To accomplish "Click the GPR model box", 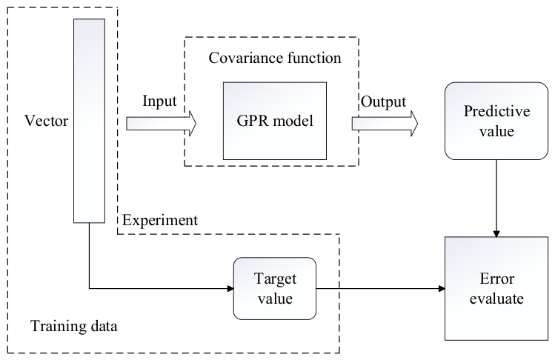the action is (275, 121).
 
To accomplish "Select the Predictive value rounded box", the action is (496, 121).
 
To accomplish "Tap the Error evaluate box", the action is (496, 288).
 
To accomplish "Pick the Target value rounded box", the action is (275, 288).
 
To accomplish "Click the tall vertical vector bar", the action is (89, 121).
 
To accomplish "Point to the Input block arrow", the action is (162, 124).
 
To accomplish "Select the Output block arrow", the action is (385, 124).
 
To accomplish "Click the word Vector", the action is (46, 121).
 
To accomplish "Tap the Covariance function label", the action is (275, 58).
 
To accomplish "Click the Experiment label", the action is (160, 221).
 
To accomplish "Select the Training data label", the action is (73, 326).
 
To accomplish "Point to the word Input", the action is (159, 101).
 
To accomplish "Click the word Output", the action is (383, 102).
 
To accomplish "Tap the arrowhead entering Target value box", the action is (230, 288).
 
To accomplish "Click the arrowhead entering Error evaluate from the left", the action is (442, 288).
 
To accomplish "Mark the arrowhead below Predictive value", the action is (496, 234).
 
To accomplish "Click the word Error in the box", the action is (496, 279).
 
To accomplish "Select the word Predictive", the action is (496, 111).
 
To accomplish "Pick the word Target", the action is (275, 279).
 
